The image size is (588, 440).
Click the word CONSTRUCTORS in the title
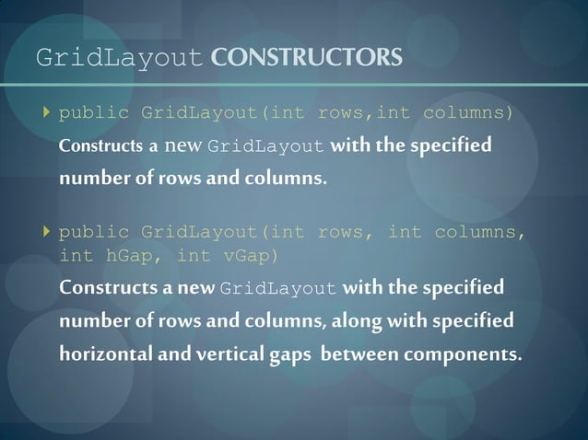[x=306, y=58]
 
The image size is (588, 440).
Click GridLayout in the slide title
[x=119, y=59]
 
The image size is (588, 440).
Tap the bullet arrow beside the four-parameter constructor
[x=47, y=232]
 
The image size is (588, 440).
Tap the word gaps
[x=292, y=354]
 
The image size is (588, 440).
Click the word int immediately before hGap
[x=76, y=255]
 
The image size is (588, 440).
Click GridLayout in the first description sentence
[x=266, y=147]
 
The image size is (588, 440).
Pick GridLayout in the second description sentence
[x=279, y=289]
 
